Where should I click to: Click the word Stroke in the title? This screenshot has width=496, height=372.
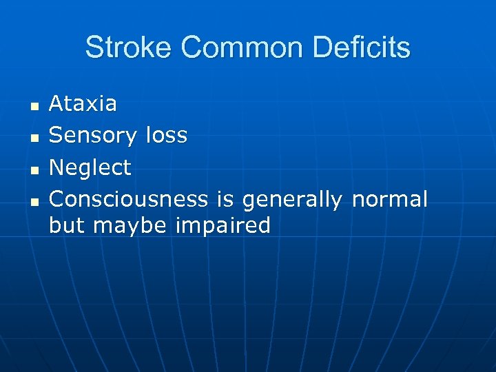point(128,48)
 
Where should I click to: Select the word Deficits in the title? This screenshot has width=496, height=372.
point(361,48)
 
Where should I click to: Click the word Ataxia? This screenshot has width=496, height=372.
point(83,104)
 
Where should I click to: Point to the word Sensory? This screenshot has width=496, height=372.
point(94,136)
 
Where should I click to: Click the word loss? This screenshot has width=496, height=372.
point(166,136)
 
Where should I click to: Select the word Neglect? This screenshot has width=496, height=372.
point(90,167)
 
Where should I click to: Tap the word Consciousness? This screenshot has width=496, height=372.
point(128,199)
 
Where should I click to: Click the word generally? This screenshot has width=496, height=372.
point(293,200)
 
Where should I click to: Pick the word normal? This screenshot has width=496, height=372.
point(389,199)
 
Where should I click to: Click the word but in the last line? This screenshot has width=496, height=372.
point(68,225)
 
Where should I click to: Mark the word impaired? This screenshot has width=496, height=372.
point(224,226)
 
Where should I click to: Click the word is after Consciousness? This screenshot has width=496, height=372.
point(225,199)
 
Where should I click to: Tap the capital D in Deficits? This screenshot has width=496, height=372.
point(321,48)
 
